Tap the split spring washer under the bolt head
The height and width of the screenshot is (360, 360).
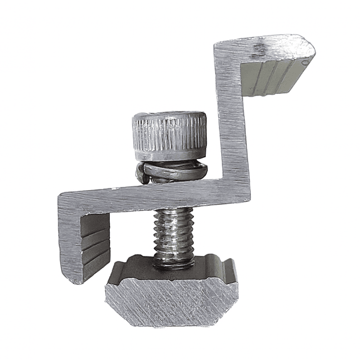pyautogui.click(x=173, y=171)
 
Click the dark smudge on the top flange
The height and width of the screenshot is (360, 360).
pyautogui.click(x=259, y=49)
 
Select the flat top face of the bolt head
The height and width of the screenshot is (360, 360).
pyautogui.click(x=169, y=116)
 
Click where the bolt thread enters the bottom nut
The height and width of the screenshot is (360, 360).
pyautogui.click(x=173, y=263)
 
